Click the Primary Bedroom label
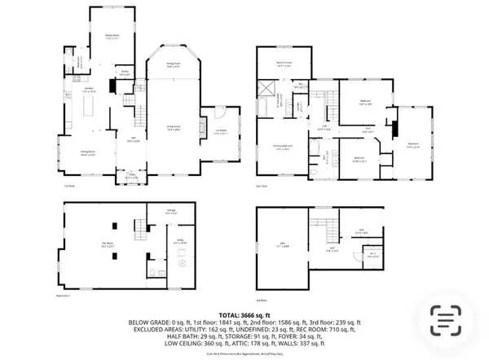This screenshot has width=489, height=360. pos(284,148)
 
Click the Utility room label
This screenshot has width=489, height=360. pos(181,242)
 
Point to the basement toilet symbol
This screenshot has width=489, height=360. pos(152,272)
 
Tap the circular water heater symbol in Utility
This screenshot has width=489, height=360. pos(182,264)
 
